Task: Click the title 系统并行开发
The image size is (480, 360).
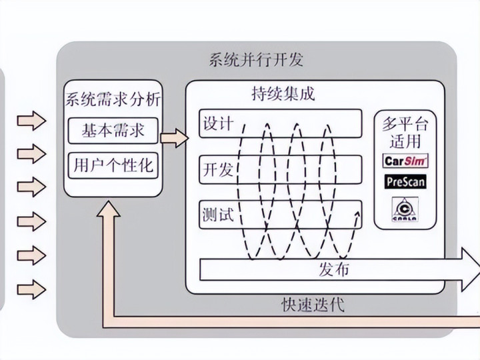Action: tap(255, 60)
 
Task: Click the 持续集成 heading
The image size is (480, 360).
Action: tap(283, 94)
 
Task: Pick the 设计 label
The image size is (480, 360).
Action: tap(217, 124)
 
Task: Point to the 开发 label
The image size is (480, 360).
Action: tap(217, 169)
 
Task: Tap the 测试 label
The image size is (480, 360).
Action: tap(217, 215)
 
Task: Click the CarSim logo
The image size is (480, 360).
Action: tap(406, 161)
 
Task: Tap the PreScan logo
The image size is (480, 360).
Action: tap(406, 181)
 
